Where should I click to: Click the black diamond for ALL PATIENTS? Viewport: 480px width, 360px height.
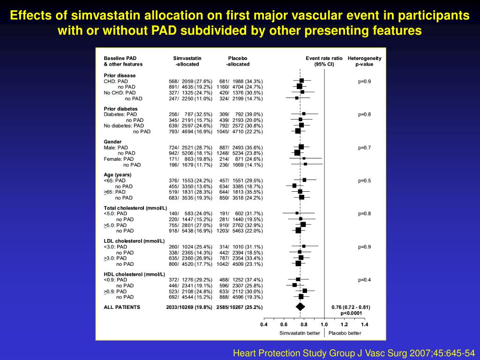[300, 307]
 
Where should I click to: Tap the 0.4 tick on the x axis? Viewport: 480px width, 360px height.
[264, 324]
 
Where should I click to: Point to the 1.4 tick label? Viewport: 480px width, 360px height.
[364, 324]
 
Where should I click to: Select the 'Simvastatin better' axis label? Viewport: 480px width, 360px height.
[300, 333]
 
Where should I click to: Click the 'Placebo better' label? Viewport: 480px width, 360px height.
[345, 333]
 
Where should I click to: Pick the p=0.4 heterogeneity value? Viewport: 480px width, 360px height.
[364, 280]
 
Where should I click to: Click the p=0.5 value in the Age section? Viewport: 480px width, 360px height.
[364, 180]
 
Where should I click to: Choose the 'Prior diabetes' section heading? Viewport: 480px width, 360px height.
[120, 109]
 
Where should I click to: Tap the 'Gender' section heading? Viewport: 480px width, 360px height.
[112, 142]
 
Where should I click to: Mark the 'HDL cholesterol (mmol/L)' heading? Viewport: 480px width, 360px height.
[134, 274]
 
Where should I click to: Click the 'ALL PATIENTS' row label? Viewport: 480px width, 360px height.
[121, 307]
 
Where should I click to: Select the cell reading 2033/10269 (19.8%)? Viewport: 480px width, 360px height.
[189, 307]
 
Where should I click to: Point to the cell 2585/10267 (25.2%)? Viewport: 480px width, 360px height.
[239, 307]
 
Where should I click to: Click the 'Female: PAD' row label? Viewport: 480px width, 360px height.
[119, 159]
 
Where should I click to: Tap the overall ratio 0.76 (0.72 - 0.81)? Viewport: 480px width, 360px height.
[351, 307]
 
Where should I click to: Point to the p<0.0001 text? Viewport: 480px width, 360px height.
[351, 313]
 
